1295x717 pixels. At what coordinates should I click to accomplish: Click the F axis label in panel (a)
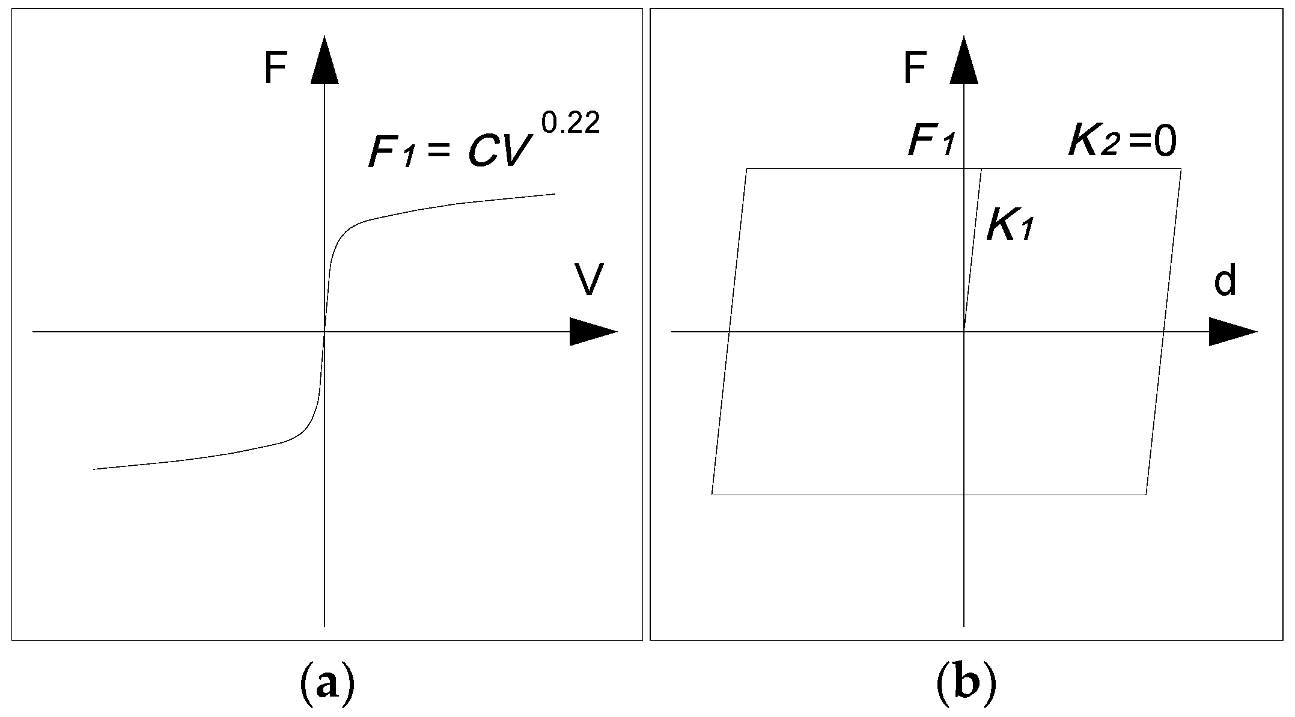pos(275,69)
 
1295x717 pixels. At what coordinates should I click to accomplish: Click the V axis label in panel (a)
pos(588,280)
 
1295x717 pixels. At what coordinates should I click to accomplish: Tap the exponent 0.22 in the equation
pos(570,123)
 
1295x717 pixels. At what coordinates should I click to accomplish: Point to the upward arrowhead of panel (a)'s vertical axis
pos(325,60)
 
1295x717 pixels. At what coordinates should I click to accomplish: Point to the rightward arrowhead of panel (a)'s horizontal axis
pos(592,332)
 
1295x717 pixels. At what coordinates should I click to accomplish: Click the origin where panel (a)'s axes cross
pos(325,332)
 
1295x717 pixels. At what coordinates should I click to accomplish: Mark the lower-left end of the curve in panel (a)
pos(94,469)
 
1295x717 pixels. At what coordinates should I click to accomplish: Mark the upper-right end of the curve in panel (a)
pos(553,194)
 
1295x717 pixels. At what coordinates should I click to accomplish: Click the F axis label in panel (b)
pos(914,69)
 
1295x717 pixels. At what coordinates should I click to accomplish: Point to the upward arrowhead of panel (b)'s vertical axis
pos(964,60)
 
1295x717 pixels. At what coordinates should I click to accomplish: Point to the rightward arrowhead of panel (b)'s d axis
pos(1232,332)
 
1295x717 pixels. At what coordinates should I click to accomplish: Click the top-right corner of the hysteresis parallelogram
pos(1181,169)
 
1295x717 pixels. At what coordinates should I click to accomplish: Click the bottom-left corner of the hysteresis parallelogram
pos(712,494)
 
